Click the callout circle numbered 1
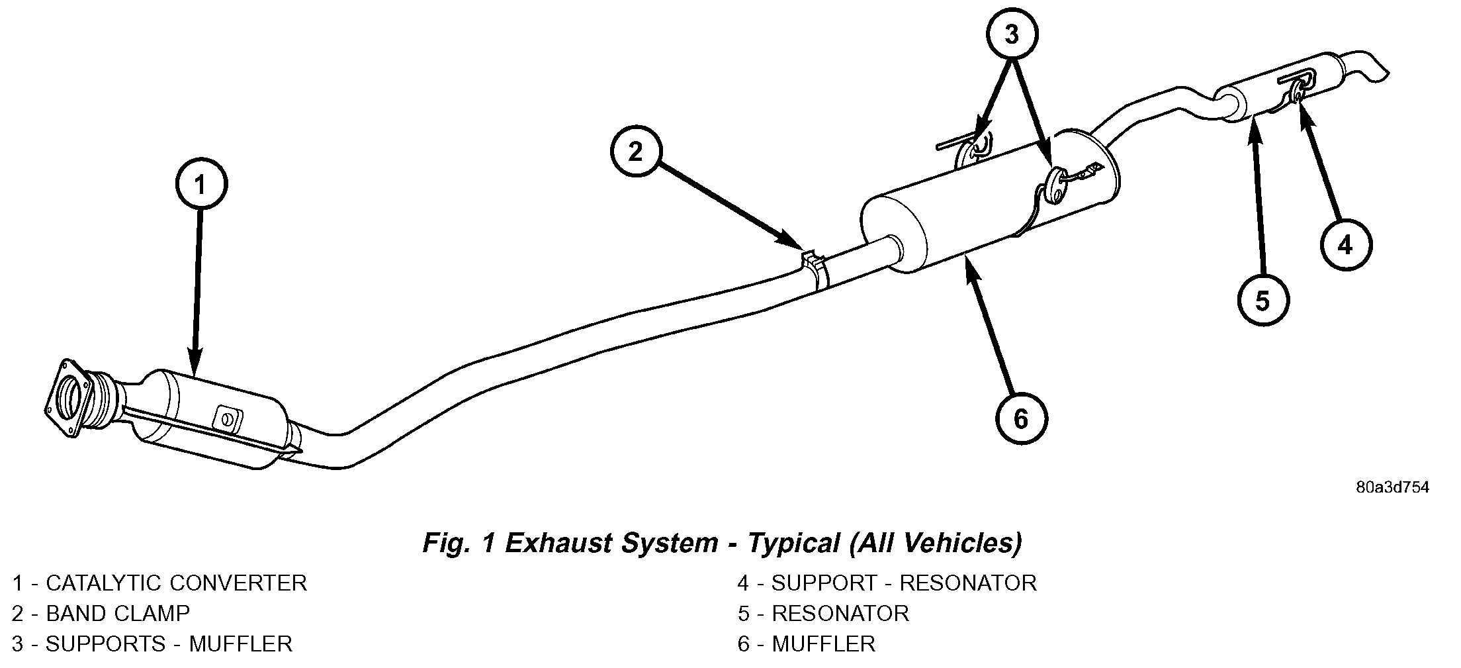(x=201, y=184)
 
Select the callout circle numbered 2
(x=636, y=152)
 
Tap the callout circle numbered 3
(x=1012, y=34)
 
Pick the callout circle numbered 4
(x=1345, y=246)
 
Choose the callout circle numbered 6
(x=1022, y=419)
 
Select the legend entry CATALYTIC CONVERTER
(x=159, y=583)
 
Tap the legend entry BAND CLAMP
(x=101, y=614)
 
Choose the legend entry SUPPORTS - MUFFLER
(x=152, y=644)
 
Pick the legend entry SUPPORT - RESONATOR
(x=887, y=583)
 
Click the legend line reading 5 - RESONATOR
(x=823, y=614)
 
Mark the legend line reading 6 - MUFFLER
(x=806, y=644)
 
